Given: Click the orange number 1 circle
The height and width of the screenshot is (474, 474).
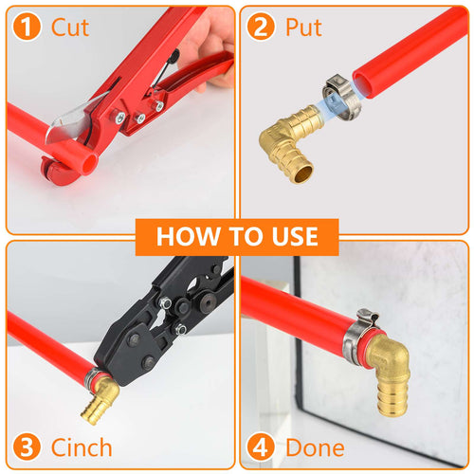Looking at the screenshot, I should pos(29,27).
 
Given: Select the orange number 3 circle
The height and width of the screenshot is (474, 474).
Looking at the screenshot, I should pos(29,447).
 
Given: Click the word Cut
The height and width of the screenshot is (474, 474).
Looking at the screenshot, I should pos(70,27).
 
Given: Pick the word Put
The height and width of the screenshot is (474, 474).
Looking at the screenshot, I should pos(303,27).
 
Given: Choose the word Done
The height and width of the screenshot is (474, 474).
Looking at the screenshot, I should pos(317,447).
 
